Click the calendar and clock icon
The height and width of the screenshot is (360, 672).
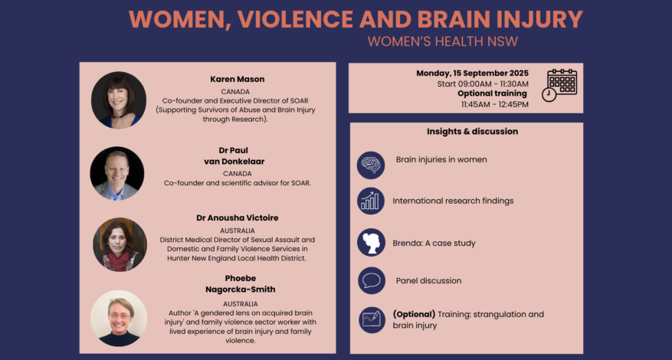559,85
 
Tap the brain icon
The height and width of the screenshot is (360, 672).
371,165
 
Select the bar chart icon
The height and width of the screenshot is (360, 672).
371,201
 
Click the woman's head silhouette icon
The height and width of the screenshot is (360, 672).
371,243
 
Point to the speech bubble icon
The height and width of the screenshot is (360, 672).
372,280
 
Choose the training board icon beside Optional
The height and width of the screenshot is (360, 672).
372,319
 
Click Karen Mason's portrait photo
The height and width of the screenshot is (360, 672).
119,100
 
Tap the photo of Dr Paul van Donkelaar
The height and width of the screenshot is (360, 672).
117,174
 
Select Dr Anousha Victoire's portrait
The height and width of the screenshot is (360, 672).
120,244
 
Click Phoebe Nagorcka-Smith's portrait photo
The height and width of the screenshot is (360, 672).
119,319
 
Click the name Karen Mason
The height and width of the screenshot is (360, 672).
238,80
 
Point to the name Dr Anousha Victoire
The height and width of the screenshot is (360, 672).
238,218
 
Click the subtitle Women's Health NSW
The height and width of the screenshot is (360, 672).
443,41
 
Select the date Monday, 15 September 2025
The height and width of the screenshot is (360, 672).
472,74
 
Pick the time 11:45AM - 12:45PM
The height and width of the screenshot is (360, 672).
495,105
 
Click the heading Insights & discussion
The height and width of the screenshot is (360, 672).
472,132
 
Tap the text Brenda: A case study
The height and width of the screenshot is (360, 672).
434,243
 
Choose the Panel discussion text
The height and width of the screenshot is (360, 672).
428,280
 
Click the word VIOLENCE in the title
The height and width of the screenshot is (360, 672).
296,19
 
